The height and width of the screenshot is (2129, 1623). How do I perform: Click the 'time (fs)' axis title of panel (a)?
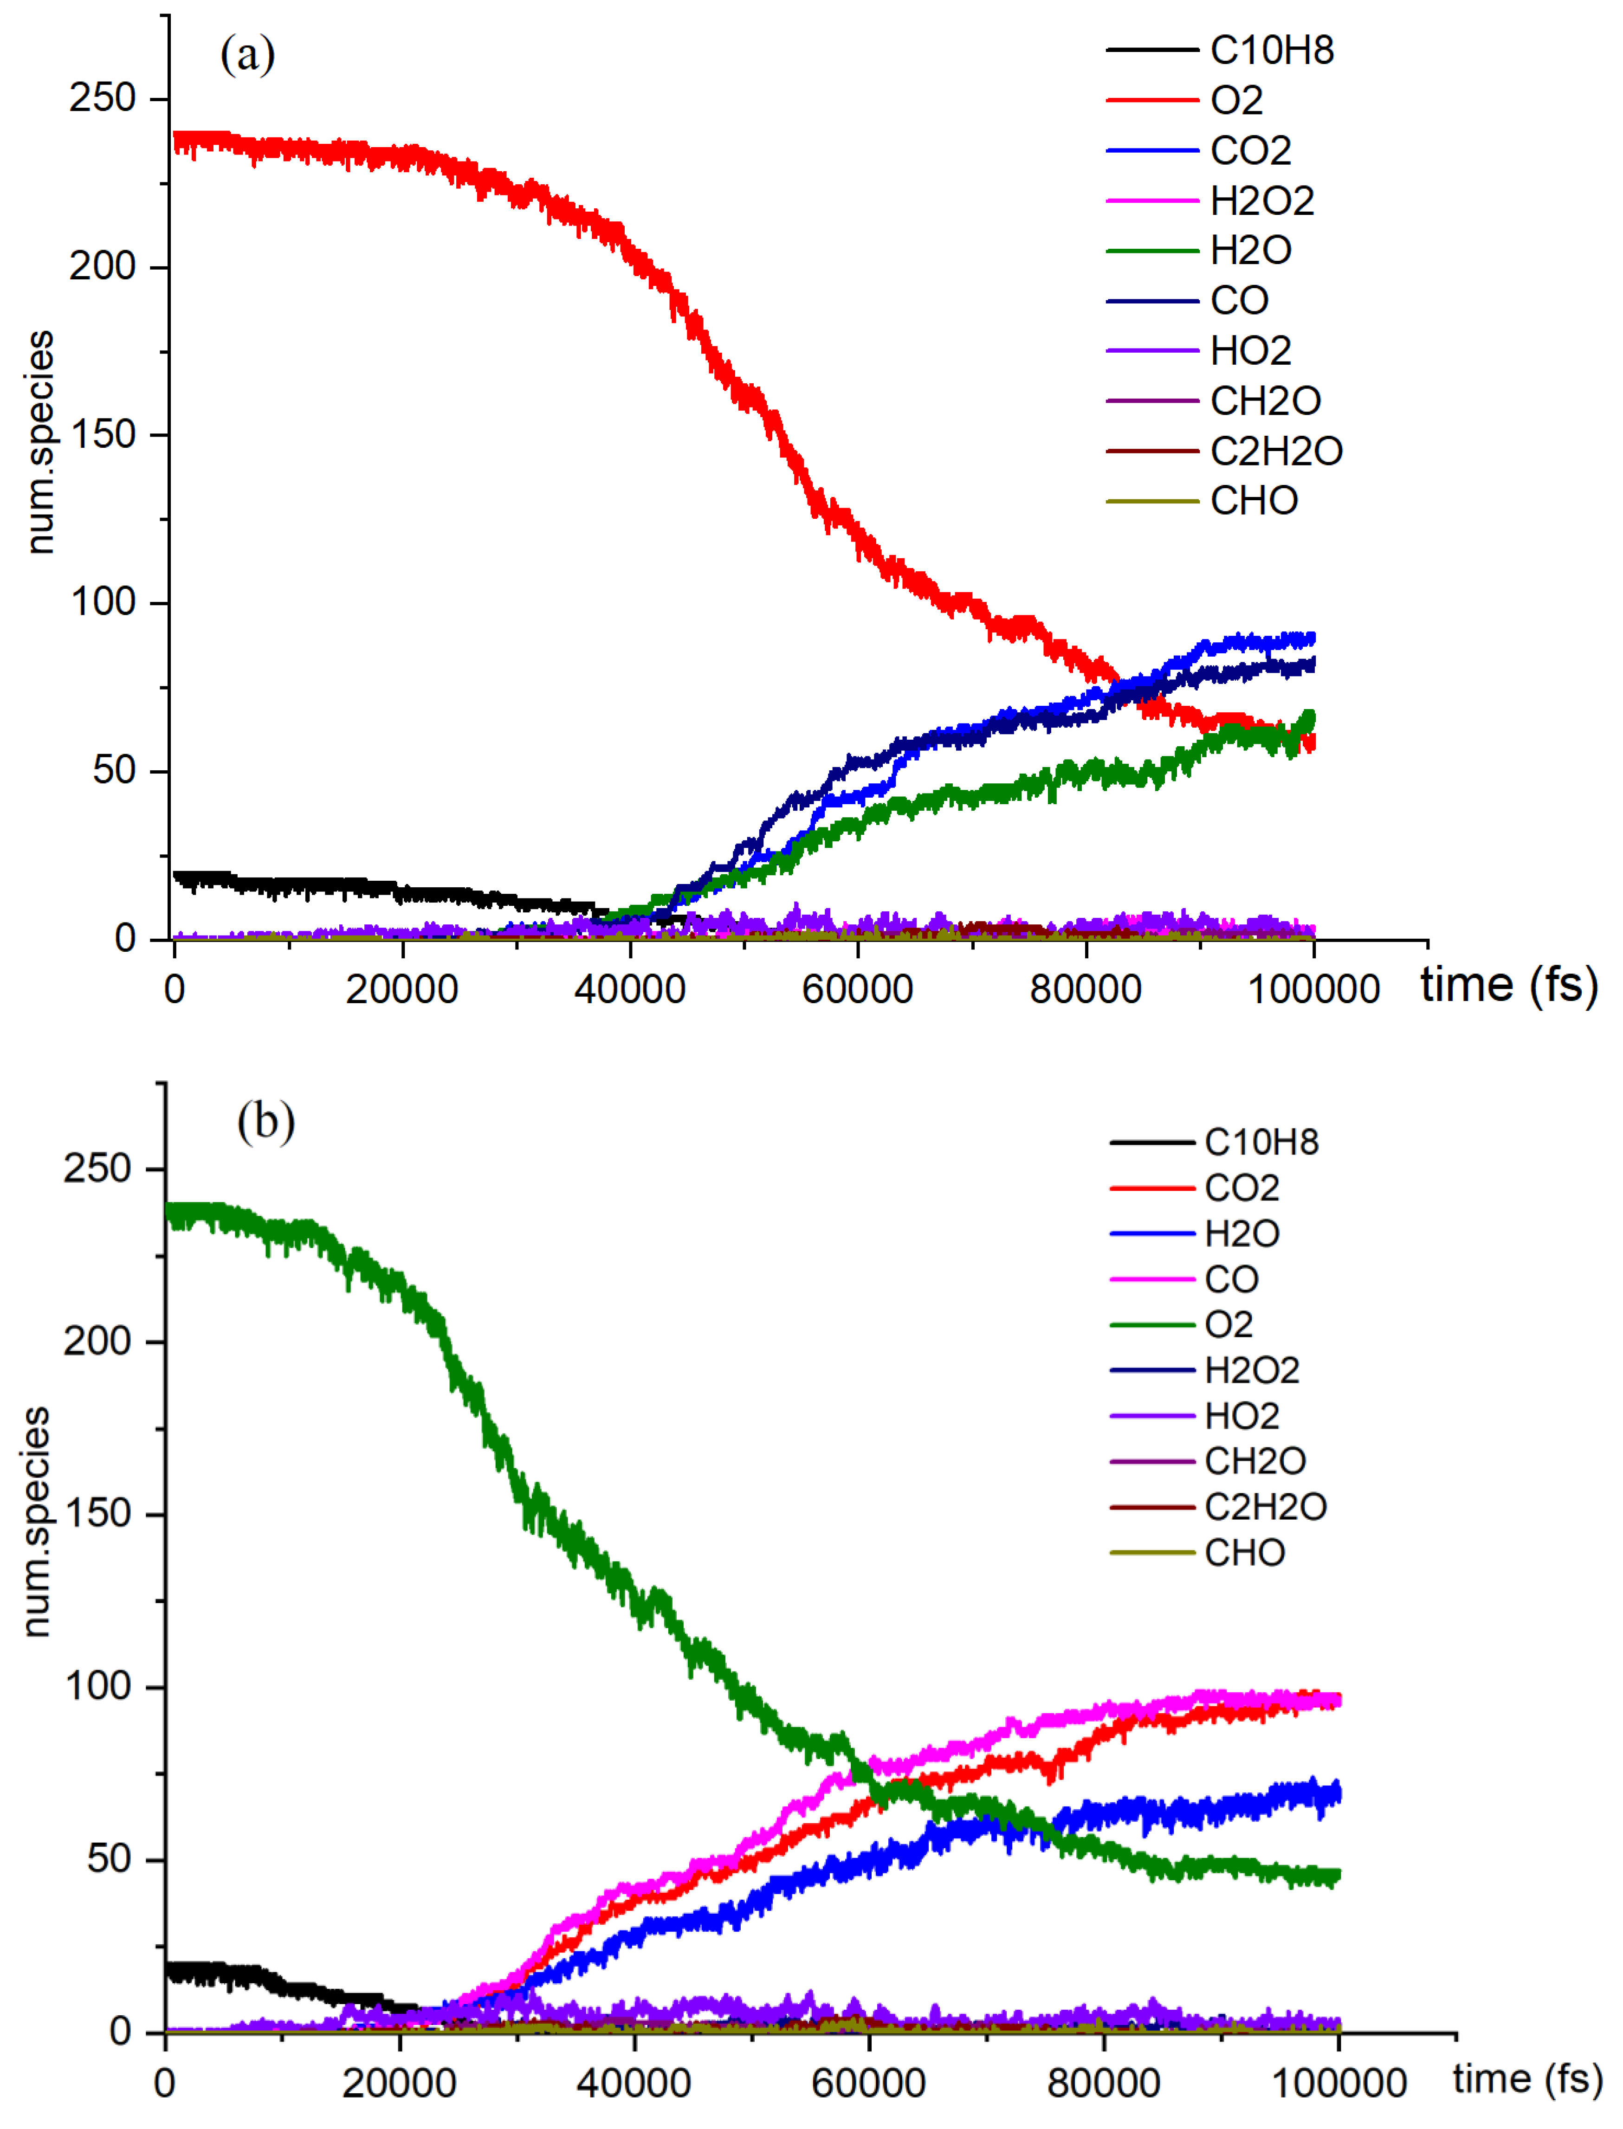(1509, 985)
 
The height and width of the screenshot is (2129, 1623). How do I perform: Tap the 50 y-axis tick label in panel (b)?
(108, 1859)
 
